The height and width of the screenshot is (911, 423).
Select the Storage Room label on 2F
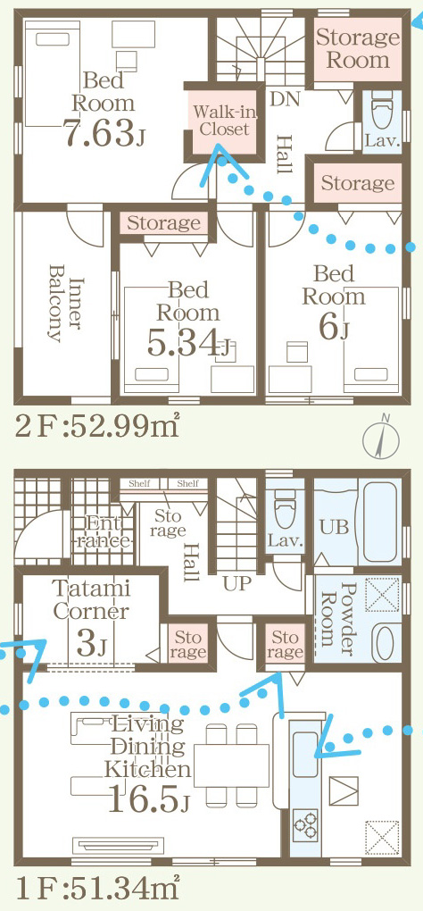point(358,48)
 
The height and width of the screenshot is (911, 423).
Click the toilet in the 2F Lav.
point(381,115)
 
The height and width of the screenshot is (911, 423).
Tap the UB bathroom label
point(335,526)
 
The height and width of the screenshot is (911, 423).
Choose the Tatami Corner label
point(90,600)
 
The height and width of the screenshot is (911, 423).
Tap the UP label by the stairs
point(236,584)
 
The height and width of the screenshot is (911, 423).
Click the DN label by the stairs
point(284,98)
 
